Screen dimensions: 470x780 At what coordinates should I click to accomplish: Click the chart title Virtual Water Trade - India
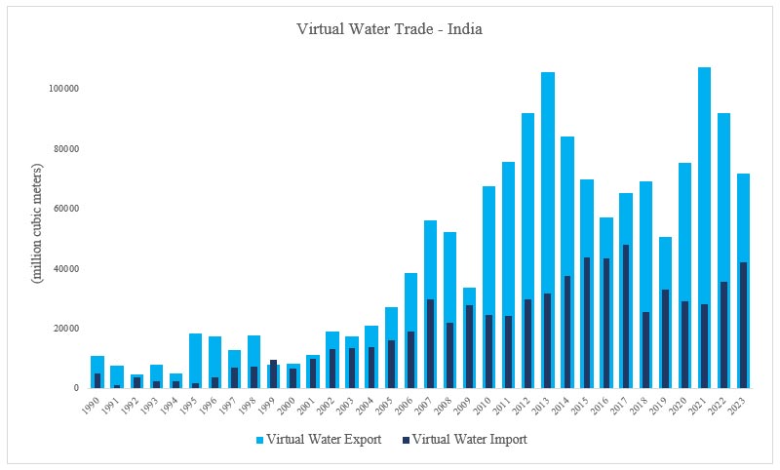[x=389, y=29]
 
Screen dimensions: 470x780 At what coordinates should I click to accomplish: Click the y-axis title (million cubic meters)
[x=37, y=224]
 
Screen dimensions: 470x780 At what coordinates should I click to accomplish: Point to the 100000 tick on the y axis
[x=63, y=89]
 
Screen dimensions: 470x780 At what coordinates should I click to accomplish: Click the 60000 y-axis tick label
[x=65, y=209]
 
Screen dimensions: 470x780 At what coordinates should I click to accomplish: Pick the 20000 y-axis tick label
[x=65, y=329]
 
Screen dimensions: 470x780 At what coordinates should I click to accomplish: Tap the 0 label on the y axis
[x=75, y=388]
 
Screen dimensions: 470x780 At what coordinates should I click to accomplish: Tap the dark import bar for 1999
[x=274, y=374]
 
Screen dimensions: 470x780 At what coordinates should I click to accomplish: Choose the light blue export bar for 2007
[x=430, y=254]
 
